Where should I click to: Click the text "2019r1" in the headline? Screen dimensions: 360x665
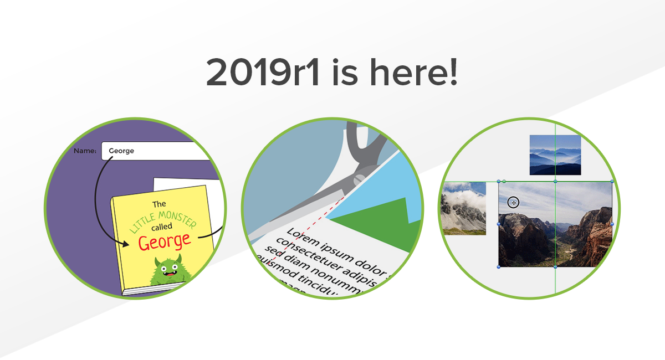[x=263, y=73]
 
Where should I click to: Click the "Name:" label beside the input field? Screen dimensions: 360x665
[x=85, y=151]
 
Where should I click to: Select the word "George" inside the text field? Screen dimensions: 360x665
[x=121, y=151]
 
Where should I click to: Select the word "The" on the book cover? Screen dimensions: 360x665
[x=159, y=204]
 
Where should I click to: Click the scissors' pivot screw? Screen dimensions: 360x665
[x=359, y=178]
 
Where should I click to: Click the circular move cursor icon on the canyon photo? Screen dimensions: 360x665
[x=513, y=203]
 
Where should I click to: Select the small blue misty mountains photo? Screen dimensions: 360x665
[x=555, y=155]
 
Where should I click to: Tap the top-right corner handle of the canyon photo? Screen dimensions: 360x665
[x=612, y=181]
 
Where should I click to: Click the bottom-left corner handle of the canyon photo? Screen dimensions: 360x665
[x=499, y=267]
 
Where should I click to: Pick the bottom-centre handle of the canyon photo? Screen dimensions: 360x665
[x=555, y=267]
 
